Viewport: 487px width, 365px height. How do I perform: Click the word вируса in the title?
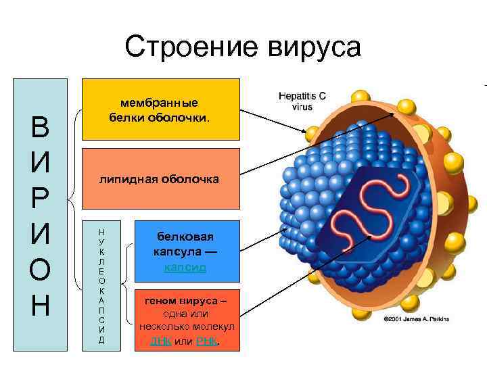(x=315, y=47)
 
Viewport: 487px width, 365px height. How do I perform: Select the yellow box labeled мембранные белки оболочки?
(x=160, y=109)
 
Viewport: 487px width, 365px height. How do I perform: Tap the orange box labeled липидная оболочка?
(x=160, y=178)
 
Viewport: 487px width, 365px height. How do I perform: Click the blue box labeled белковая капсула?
(x=186, y=251)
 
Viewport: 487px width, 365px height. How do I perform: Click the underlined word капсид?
(x=185, y=268)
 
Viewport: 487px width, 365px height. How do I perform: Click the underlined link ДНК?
(x=161, y=341)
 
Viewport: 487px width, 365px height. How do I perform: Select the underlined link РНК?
(x=207, y=341)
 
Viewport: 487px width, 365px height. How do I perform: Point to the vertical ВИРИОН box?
(x=41, y=215)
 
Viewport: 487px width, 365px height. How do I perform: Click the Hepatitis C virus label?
(x=302, y=101)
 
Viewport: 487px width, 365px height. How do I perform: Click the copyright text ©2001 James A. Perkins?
(x=416, y=318)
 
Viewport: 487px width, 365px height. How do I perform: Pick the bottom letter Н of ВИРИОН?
(x=41, y=306)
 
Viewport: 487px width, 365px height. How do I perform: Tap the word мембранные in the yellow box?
(x=160, y=103)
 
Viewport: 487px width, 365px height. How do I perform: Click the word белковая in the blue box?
(x=185, y=237)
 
